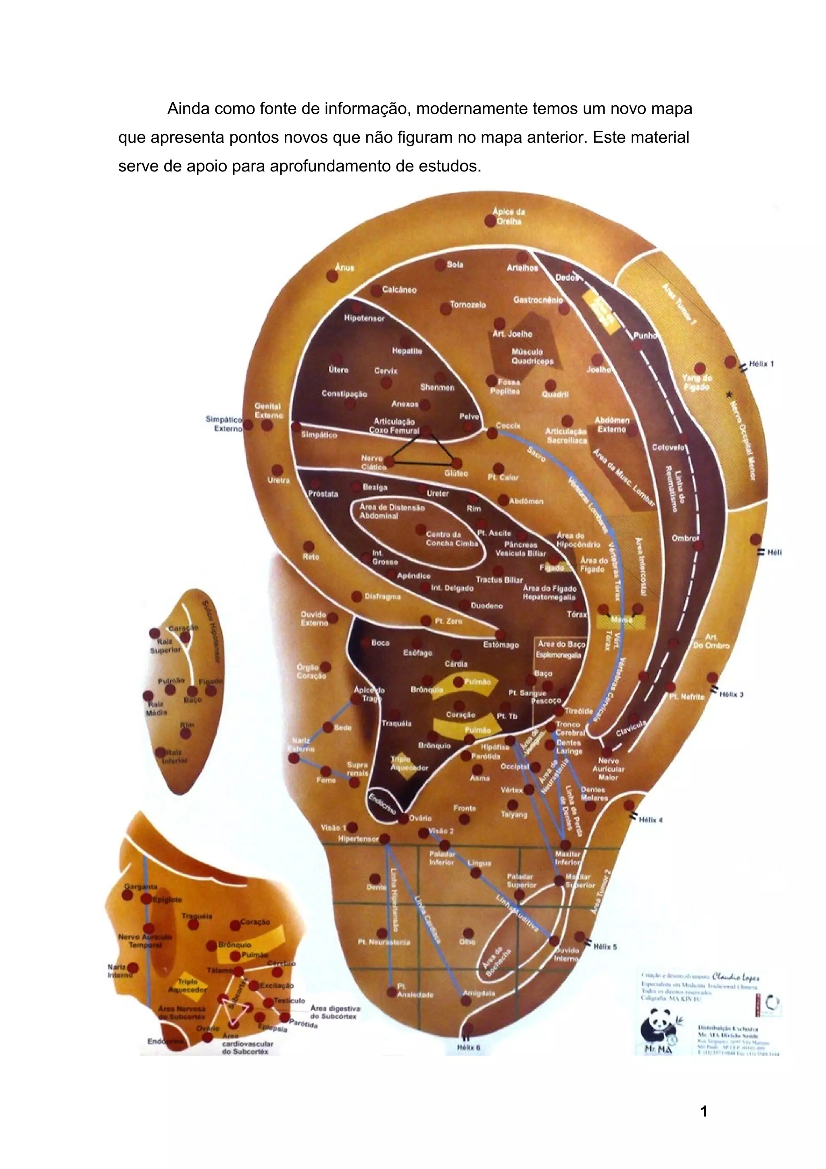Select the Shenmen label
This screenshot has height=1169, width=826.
[x=437, y=388]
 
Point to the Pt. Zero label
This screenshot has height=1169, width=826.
[x=448, y=621]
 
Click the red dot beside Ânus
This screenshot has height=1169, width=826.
[x=332, y=276]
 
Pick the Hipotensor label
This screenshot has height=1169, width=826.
[x=364, y=318]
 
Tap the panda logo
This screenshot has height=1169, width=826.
[x=657, y=1031]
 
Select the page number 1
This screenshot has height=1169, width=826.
[x=704, y=1111]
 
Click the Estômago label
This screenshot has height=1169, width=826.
[x=501, y=645]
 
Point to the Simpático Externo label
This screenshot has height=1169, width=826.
[x=224, y=424]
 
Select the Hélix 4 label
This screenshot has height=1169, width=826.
[x=651, y=819]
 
